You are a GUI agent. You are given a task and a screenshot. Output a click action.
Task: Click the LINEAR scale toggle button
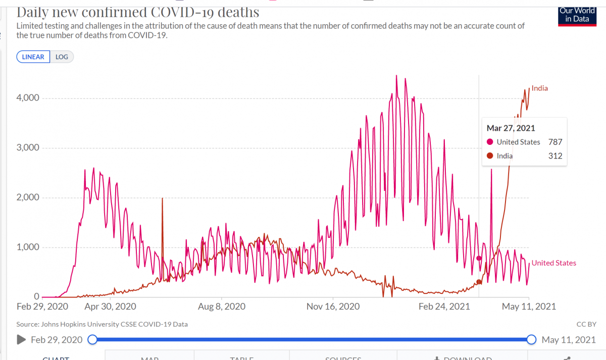[x=34, y=57]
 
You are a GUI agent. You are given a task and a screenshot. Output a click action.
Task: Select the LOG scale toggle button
[x=62, y=57]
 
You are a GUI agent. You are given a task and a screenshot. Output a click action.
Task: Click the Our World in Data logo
[x=577, y=16]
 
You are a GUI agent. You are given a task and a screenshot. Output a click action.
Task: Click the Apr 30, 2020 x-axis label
[x=111, y=306]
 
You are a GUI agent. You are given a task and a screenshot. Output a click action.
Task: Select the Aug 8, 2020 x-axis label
[x=222, y=306]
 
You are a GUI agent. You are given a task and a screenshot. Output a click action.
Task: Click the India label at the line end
[x=539, y=88]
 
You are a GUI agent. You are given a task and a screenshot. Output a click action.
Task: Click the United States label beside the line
[x=553, y=263]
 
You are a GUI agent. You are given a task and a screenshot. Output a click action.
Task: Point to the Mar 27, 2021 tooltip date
[x=511, y=128]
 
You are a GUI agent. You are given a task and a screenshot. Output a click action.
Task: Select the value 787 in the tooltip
[x=555, y=142]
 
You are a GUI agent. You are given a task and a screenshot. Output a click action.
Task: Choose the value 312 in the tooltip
[x=555, y=156]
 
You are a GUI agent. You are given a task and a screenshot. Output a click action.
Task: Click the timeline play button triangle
[x=21, y=340]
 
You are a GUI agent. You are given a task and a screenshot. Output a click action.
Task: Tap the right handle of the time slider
[x=531, y=340]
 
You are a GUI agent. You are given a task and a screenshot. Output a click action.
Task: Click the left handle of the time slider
[x=92, y=340]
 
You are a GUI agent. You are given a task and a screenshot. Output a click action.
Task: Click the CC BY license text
[x=586, y=324]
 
